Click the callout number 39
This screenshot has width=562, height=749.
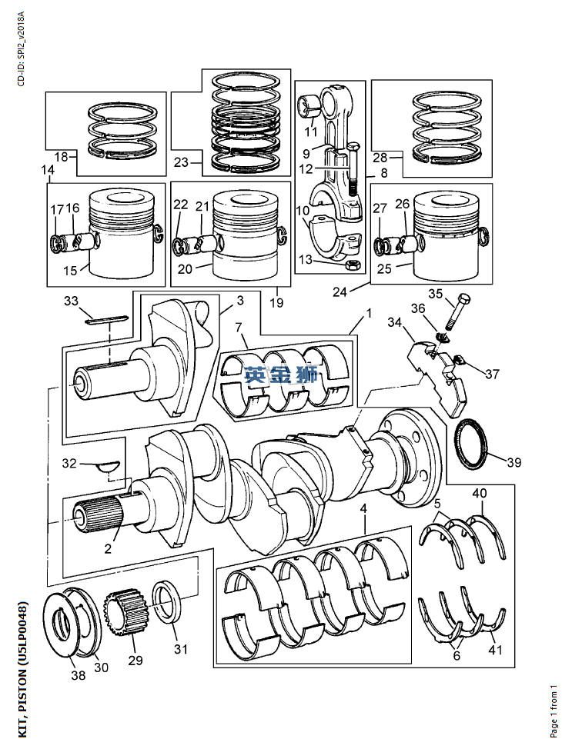pos(514,462)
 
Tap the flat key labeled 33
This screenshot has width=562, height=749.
pos(107,320)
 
